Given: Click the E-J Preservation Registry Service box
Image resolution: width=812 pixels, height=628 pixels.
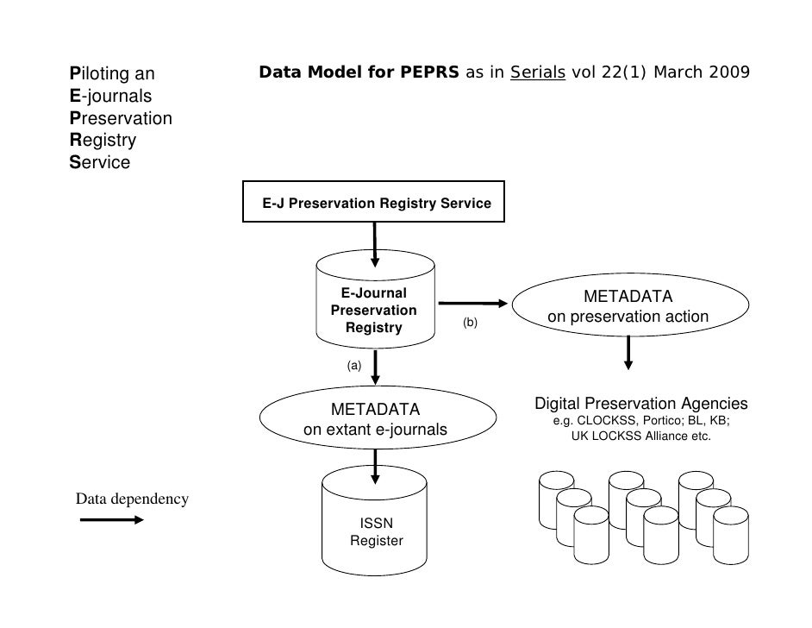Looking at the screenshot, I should click(373, 204).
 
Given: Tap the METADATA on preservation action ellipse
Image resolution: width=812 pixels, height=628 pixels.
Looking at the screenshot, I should click(628, 307).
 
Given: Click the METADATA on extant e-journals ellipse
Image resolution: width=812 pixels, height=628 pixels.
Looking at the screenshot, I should click(375, 418).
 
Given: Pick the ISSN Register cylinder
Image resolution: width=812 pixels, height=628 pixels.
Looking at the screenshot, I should click(376, 526).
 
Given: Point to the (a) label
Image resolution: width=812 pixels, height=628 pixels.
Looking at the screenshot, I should click(353, 366).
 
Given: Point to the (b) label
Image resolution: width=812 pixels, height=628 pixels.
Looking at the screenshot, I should click(470, 323).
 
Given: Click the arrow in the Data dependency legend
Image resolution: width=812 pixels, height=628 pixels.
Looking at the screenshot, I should click(112, 520).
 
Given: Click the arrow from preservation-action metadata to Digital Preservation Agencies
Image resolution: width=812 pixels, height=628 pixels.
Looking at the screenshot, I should click(628, 352).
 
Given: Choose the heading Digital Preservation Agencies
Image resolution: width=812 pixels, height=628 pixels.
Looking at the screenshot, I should click(641, 404).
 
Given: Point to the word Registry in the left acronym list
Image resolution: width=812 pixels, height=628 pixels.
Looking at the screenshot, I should click(103, 140).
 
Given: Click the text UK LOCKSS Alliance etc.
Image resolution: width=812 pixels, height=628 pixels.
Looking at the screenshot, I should click(641, 436).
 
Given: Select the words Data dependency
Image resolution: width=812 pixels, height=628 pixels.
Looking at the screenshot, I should click(132, 499).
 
